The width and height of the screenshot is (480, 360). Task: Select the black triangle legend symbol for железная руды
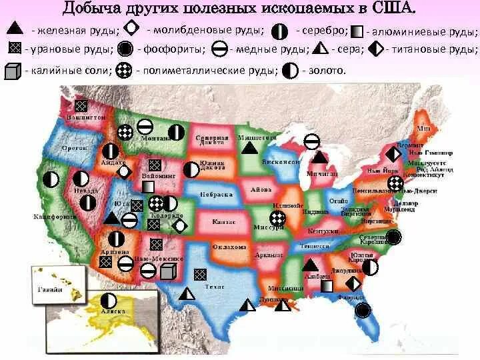[16, 29]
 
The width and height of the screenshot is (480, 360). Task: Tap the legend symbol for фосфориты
[124, 49]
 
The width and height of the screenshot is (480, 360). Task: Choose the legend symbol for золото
[290, 70]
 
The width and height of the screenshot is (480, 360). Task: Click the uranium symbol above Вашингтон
[81, 105]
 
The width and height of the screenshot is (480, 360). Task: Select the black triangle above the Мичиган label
[319, 157]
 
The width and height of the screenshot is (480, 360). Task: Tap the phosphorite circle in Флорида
[363, 309]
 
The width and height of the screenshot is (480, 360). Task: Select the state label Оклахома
[229, 247]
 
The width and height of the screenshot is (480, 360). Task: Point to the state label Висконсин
[280, 161]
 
